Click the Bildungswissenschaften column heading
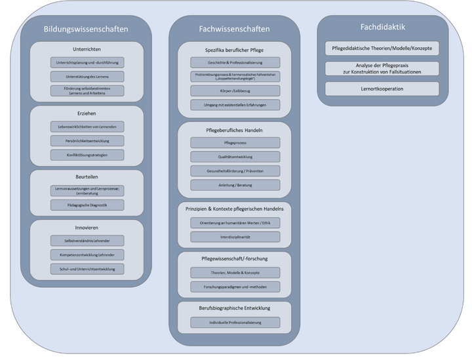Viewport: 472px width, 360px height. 85,29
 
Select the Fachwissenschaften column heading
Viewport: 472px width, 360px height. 235,29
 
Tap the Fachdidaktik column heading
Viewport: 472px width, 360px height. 383,27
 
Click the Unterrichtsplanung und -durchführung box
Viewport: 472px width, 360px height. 87,63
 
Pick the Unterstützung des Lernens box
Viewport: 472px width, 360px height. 87,77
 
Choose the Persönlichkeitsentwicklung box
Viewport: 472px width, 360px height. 87,140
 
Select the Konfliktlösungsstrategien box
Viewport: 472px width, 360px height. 87,155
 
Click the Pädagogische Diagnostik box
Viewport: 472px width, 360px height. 87,205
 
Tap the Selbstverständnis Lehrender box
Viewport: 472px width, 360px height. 87,240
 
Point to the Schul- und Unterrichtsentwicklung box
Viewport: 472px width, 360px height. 87,269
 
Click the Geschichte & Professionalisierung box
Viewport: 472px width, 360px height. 235,63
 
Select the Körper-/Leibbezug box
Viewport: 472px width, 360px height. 235,90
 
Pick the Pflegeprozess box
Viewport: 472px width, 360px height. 235,142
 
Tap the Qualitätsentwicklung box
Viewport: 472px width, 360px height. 235,157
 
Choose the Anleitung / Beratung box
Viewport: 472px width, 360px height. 235,186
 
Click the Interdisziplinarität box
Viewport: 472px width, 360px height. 235,237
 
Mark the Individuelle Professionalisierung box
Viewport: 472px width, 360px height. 235,323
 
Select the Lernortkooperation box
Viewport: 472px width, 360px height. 382,89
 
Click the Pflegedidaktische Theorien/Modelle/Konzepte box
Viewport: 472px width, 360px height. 382,49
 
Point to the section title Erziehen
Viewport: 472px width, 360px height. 87,113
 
